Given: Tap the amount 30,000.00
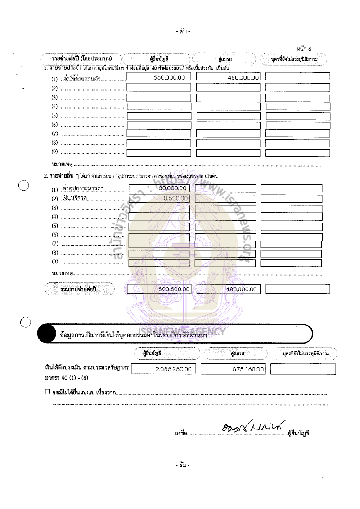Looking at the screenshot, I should tap(173, 188).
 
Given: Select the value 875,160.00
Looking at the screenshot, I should tap(247, 369).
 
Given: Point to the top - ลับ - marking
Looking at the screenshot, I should tap(183, 31).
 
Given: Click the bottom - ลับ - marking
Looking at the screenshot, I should tap(183, 464).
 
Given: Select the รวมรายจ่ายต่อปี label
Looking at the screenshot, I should tap(78, 290).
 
